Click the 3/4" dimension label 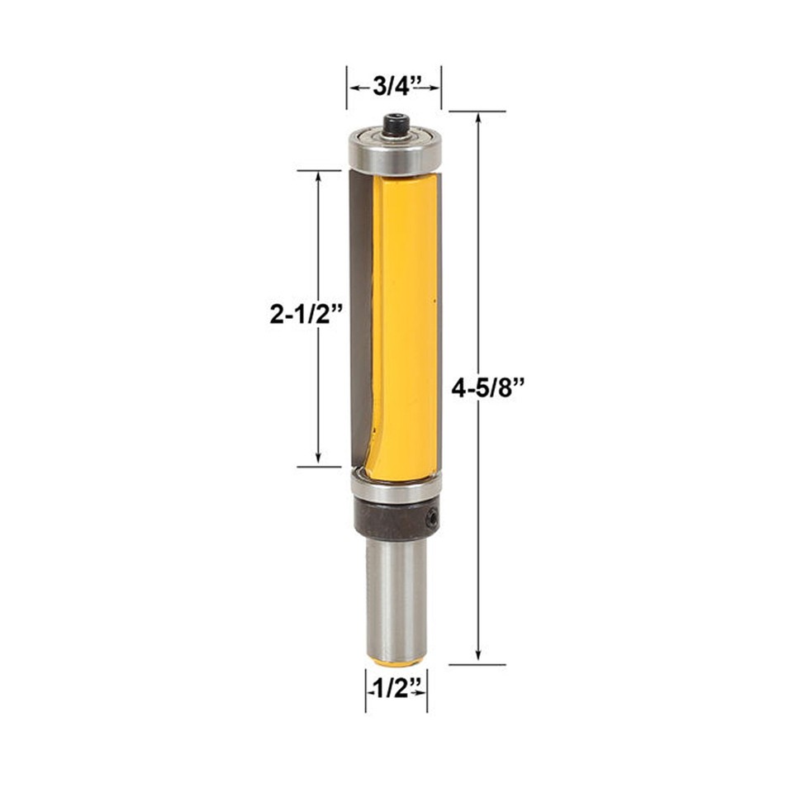coord(395,85)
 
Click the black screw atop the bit coord(396,125)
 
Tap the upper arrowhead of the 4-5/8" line coord(478,118)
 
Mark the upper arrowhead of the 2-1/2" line coord(319,178)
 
